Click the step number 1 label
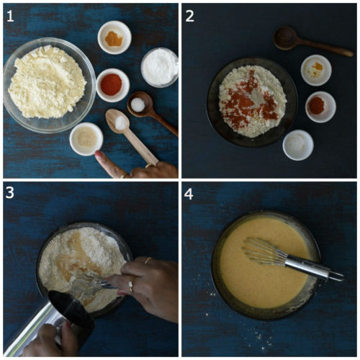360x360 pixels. point(11,15)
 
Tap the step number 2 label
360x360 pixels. point(190,15)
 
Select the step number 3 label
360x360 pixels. point(11,194)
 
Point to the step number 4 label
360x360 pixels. point(190,194)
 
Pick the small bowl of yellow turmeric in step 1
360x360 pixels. point(114,37)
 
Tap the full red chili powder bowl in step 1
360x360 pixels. point(112,84)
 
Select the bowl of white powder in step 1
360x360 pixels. point(158,66)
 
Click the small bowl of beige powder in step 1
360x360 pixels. point(86,138)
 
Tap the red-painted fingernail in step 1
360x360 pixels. point(100,156)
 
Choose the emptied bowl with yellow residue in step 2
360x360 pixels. point(316,70)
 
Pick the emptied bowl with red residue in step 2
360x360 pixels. point(320,107)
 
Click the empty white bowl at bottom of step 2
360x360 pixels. point(297,145)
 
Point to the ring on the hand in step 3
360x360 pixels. point(130,286)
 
